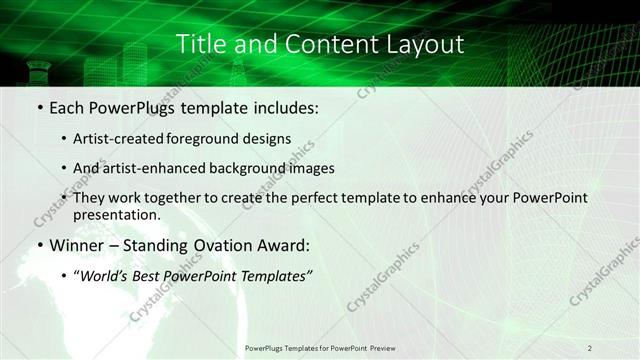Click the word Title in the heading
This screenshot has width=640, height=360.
pyautogui.click(x=200, y=44)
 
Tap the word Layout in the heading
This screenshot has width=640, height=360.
pyautogui.click(x=428, y=44)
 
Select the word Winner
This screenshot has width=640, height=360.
pyautogui.click(x=82, y=244)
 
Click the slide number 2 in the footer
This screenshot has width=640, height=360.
pyautogui.click(x=589, y=347)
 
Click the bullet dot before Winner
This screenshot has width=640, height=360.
pyautogui.click(x=39, y=245)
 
